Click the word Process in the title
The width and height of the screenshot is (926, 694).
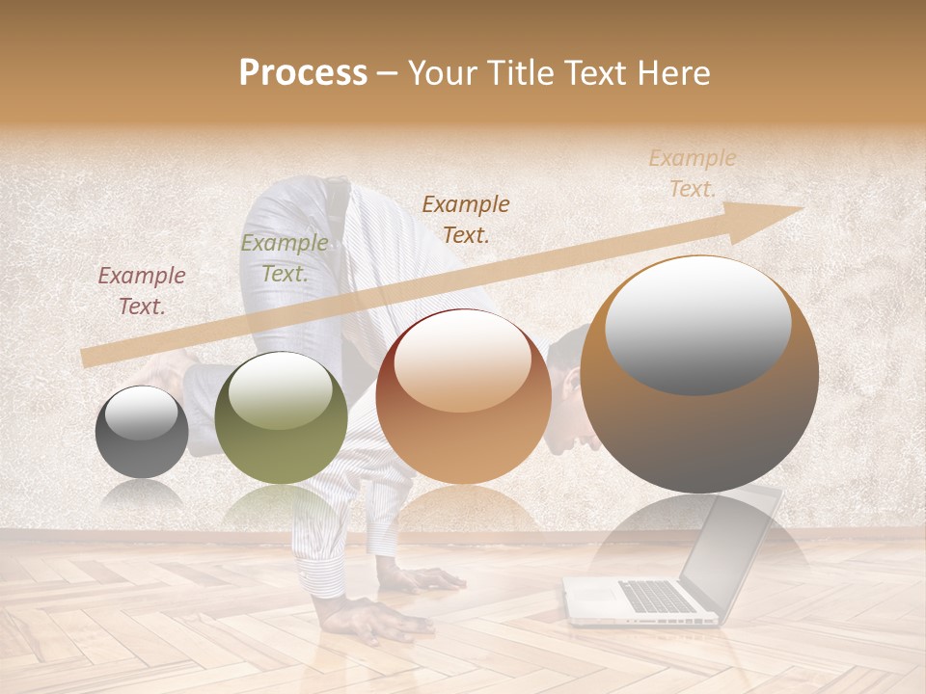point(303,72)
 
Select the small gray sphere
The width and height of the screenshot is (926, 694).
point(142,432)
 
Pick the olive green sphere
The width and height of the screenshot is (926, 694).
point(281,417)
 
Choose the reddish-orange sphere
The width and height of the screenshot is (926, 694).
point(463,395)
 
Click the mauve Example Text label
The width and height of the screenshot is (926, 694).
point(142,290)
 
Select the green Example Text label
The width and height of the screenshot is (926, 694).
point(284,257)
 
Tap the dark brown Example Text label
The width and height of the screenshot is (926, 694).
point(466,219)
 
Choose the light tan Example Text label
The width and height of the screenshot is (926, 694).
point(693,173)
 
